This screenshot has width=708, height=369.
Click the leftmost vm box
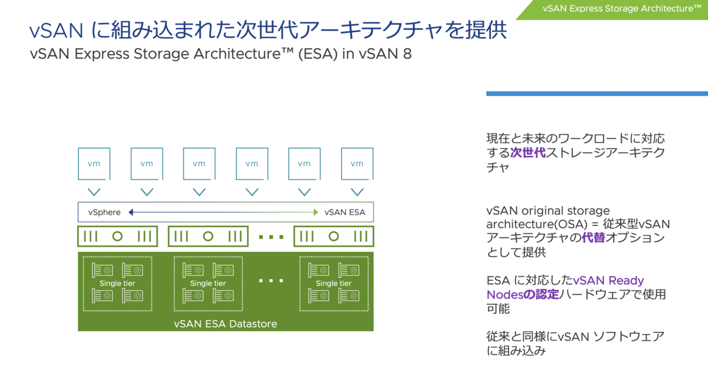pyautogui.click(x=94, y=163)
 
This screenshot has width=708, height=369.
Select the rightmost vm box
pyautogui.click(x=357, y=163)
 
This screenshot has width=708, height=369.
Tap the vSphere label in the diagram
pyautogui.click(x=104, y=212)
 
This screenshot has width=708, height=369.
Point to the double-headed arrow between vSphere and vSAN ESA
pyautogui.click(x=224, y=212)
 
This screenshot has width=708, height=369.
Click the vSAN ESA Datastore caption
pyautogui.click(x=225, y=324)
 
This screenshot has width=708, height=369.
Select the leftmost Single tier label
pyautogui.click(x=117, y=284)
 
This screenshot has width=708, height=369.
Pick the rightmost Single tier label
pyautogui.click(x=334, y=284)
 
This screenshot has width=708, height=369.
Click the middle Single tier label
pyautogui.click(x=208, y=284)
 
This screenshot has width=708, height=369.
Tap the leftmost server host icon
pyautogui.click(x=117, y=236)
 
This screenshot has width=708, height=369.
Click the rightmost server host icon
pyautogui.click(x=334, y=236)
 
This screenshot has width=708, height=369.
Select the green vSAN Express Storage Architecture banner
pyautogui.click(x=617, y=8)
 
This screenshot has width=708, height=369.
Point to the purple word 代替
pyautogui.click(x=594, y=239)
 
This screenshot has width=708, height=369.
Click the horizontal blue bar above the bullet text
pyautogui.click(x=596, y=93)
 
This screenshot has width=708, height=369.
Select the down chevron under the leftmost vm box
pyautogui.click(x=94, y=192)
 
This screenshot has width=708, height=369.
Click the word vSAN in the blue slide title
pyautogui.click(x=59, y=29)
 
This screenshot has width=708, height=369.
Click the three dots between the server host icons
pyautogui.click(x=271, y=237)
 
